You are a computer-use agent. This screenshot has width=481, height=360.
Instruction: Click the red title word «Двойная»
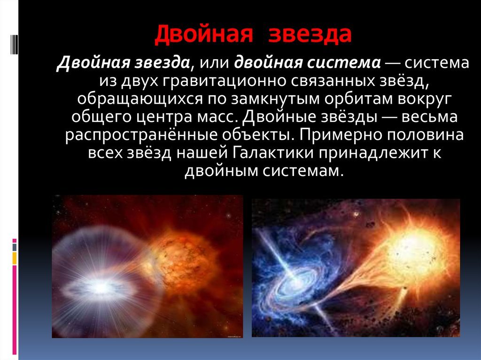[204, 34]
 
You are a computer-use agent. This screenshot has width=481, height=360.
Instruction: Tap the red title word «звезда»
[310, 34]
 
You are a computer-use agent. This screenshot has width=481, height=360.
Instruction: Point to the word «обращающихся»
[140, 100]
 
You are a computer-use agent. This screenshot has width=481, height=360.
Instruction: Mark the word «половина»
[422, 135]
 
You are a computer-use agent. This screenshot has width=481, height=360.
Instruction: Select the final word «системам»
[303, 171]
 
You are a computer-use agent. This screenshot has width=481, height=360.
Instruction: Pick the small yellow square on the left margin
[15, 258]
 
